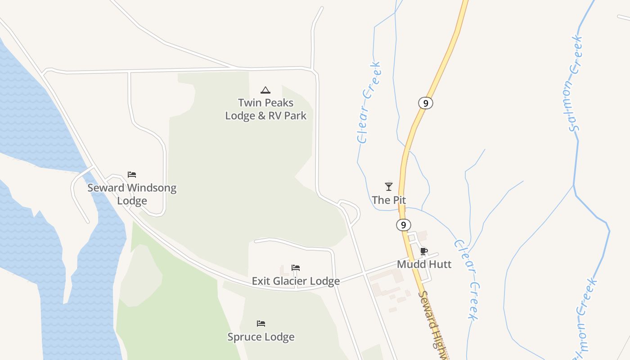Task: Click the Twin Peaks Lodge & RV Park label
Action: pos(265,109)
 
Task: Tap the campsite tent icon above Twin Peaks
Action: pos(265,90)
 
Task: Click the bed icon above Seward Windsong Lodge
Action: pos(132,175)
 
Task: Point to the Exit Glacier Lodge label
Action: pos(296,281)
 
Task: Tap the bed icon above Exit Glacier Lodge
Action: pos(296,268)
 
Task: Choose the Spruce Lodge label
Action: pos(261,337)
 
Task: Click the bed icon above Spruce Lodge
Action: pos(261,324)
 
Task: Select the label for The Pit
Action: pos(389,200)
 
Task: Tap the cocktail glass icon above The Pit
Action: pos(389,186)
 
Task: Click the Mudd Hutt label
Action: pos(424,264)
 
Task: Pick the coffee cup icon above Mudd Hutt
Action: pos(423,251)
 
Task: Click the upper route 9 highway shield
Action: pos(425,103)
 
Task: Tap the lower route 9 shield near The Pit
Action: pos(404,225)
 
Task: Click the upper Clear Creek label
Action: pos(369,103)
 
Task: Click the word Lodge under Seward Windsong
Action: pos(132,201)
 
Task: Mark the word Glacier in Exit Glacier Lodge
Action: pos(296,281)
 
